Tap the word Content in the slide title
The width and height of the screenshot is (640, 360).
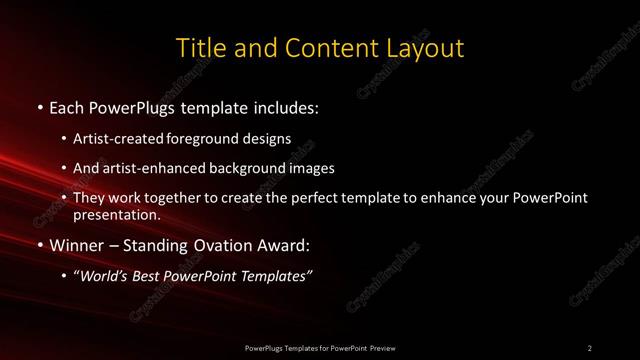314,48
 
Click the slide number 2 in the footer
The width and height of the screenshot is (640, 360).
589,347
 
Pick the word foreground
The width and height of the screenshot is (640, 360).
211,138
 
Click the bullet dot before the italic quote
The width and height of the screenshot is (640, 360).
65,277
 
